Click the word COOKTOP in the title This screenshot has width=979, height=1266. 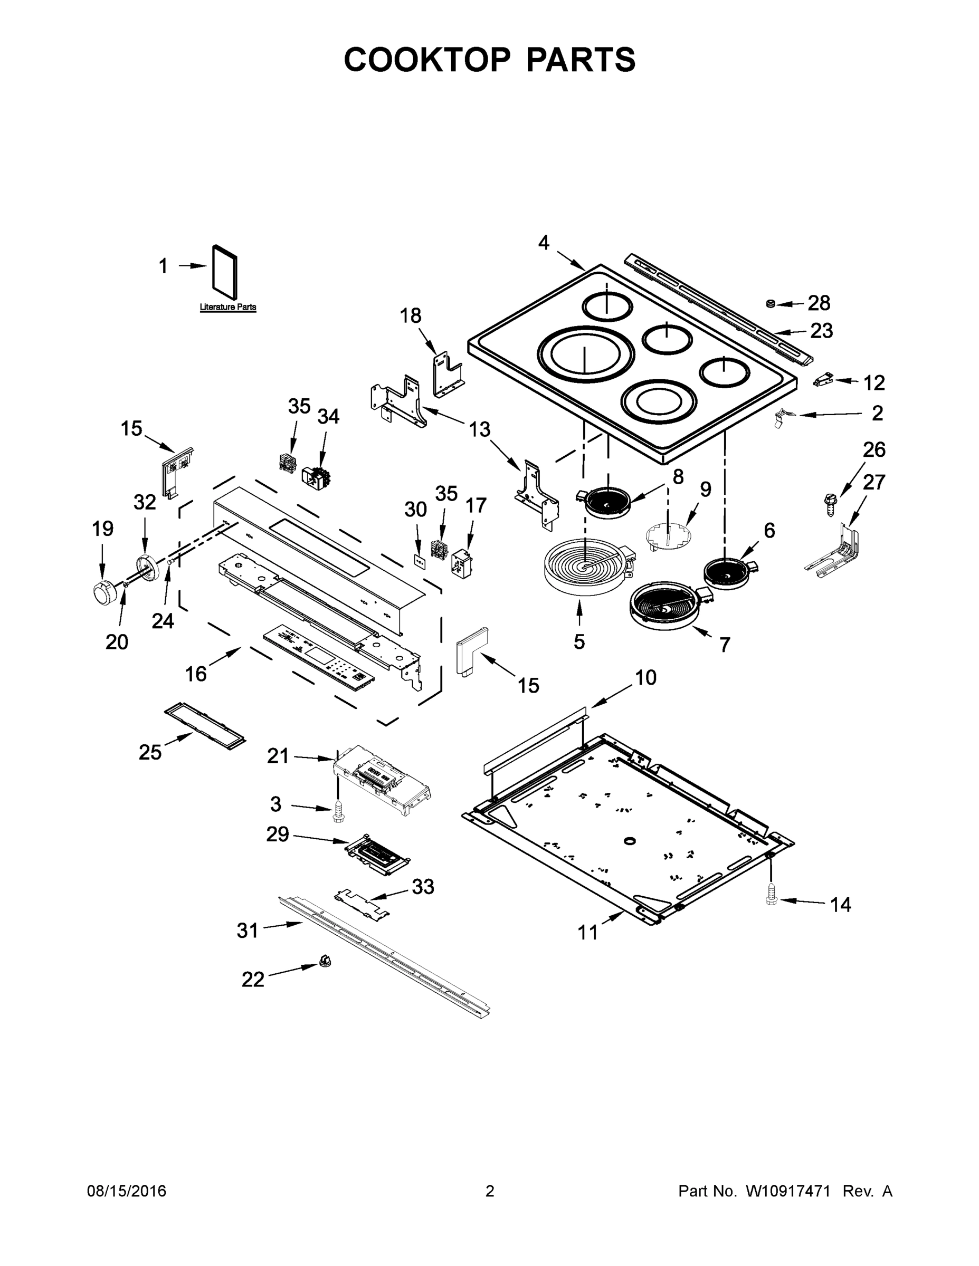(x=427, y=60)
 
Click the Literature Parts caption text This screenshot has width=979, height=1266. (x=228, y=307)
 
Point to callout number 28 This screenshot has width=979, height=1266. (x=819, y=303)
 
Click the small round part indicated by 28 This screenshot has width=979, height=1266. (x=771, y=304)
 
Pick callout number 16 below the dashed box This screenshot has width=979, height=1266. (x=195, y=674)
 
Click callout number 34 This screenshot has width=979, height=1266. (x=328, y=416)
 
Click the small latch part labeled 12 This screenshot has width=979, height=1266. (x=823, y=380)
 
